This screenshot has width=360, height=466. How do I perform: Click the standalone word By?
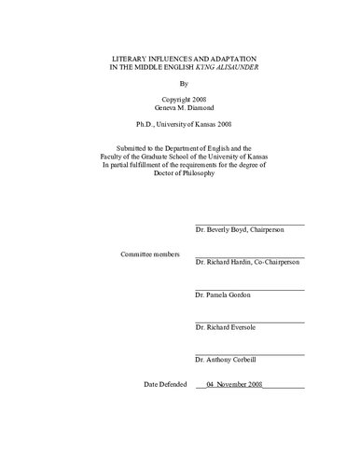[180, 92]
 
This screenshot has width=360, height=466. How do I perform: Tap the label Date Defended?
[165, 383]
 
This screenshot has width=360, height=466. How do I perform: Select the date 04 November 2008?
[242, 383]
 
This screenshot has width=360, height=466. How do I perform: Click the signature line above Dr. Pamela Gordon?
[250, 289]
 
